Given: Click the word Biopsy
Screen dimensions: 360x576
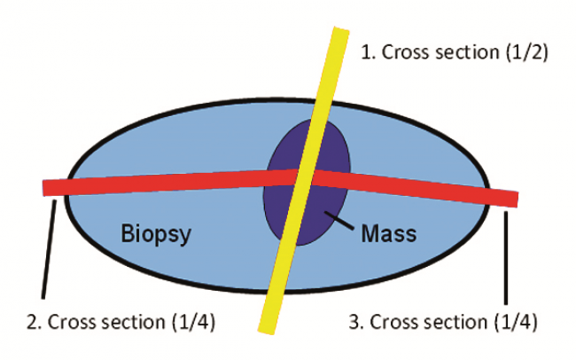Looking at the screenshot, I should pos(156,234).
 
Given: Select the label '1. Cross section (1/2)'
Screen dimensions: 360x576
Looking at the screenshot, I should pos(455,51).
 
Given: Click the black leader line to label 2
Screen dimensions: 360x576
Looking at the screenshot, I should pos(49,249).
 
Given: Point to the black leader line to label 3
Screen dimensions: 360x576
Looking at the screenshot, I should pos(506,253).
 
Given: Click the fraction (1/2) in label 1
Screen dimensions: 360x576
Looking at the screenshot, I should pos(527,51).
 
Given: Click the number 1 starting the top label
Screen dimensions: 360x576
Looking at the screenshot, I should pos(365,51).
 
